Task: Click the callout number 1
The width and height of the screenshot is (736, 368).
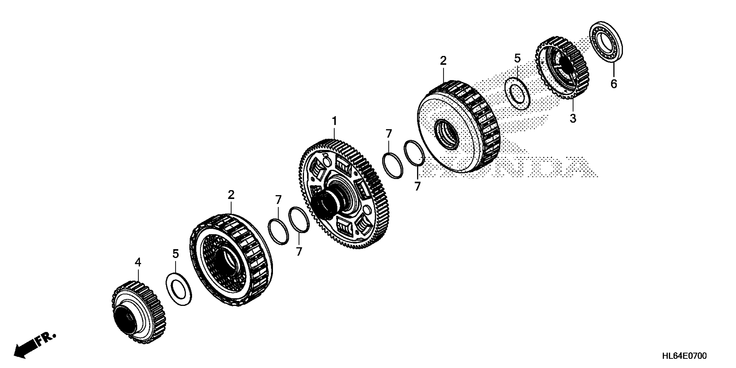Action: point(334,121)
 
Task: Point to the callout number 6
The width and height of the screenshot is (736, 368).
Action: point(613,84)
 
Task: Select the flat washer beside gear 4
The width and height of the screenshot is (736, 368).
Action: point(179,289)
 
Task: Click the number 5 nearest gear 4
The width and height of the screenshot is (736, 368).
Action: point(175,253)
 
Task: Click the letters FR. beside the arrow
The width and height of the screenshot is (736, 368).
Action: point(46,339)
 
